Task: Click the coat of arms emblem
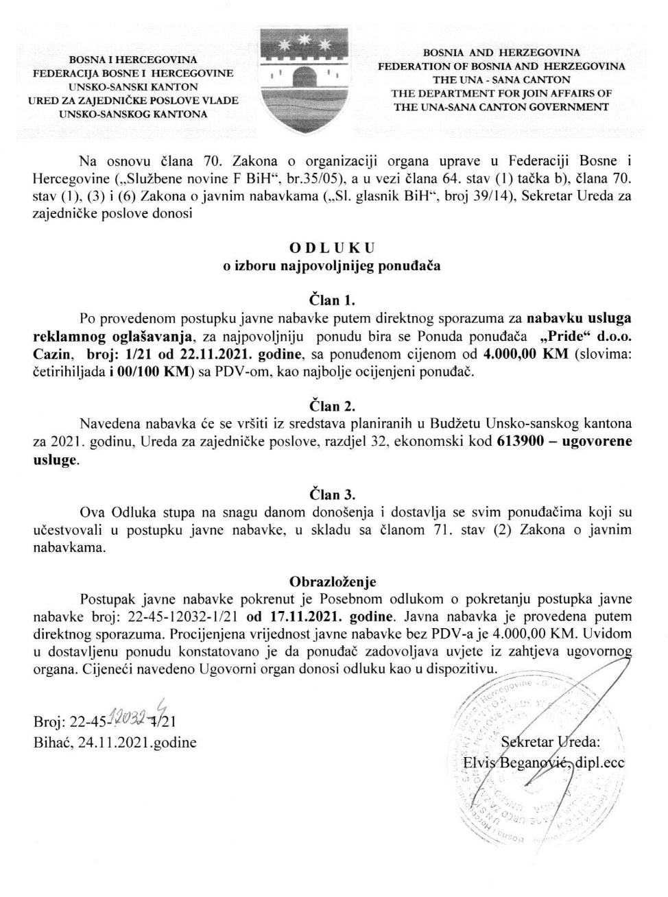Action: [x=306, y=82]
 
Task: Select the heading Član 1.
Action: [x=333, y=300]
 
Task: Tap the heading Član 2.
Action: [x=333, y=405]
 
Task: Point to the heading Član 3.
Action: [x=333, y=494]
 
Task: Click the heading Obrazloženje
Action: [x=333, y=582]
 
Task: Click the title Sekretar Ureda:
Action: [x=551, y=741]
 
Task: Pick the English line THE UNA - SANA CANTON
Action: [x=501, y=80]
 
